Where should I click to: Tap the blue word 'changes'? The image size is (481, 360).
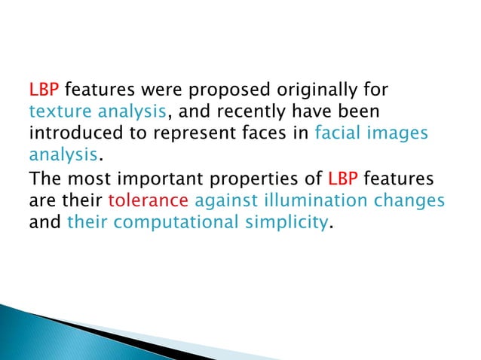(408, 202)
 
